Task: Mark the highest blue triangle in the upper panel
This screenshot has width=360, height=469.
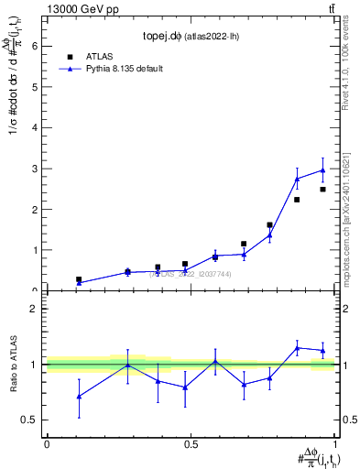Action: (x=322, y=170)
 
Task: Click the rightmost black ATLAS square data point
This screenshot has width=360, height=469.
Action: (x=322, y=190)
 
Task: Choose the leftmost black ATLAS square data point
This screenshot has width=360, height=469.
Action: (x=79, y=279)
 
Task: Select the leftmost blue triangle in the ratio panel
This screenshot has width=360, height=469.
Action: (x=79, y=397)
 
